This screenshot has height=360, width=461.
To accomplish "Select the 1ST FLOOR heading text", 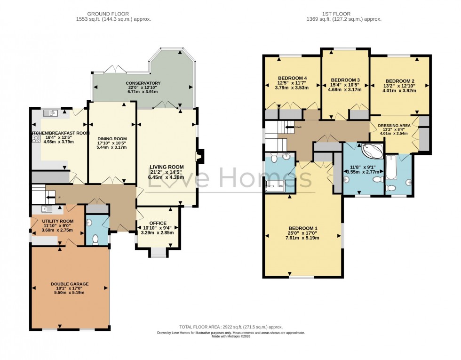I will (x=345, y=14).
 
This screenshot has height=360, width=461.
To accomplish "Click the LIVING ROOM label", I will (x=167, y=167).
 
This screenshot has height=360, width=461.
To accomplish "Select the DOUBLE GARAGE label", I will (x=70, y=284).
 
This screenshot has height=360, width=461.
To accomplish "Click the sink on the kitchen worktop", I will (x=50, y=113).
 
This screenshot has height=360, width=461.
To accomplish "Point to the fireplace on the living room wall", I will (x=199, y=157).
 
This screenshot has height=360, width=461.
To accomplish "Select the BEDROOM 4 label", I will (x=292, y=78).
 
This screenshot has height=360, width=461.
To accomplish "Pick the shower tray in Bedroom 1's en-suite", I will (x=275, y=186).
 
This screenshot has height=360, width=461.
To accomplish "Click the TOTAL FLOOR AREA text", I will (x=230, y=327).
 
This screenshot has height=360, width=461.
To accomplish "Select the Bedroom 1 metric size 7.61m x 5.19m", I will (x=302, y=238).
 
